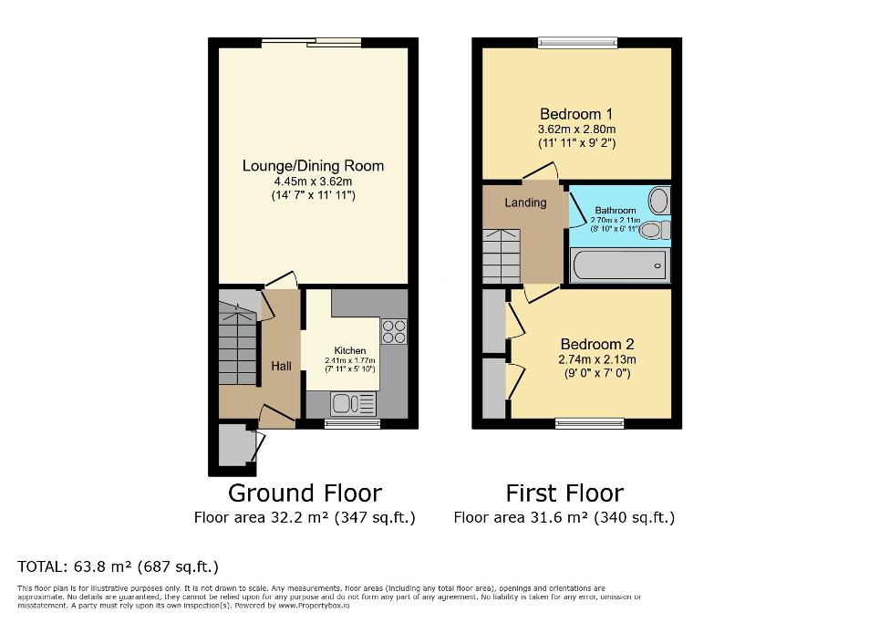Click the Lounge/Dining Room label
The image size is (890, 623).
click(313, 166)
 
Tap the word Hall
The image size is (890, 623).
click(281, 366)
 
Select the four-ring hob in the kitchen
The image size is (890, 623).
click(394, 331)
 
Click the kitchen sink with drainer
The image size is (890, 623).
click(354, 403)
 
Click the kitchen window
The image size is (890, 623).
click(353, 423)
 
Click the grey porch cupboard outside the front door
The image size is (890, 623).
click(237, 445)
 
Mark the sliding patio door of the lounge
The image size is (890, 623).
click(311, 42)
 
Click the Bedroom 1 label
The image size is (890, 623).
click(576, 114)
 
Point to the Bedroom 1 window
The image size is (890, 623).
click(577, 41)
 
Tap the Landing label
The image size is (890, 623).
click(526, 202)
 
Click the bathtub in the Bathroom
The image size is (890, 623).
click(619, 265)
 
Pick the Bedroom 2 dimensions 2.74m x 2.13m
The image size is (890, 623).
click(596, 359)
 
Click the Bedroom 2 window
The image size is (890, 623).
click(590, 423)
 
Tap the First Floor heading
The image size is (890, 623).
click(564, 493)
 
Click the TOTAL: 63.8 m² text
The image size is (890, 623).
click(119, 566)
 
